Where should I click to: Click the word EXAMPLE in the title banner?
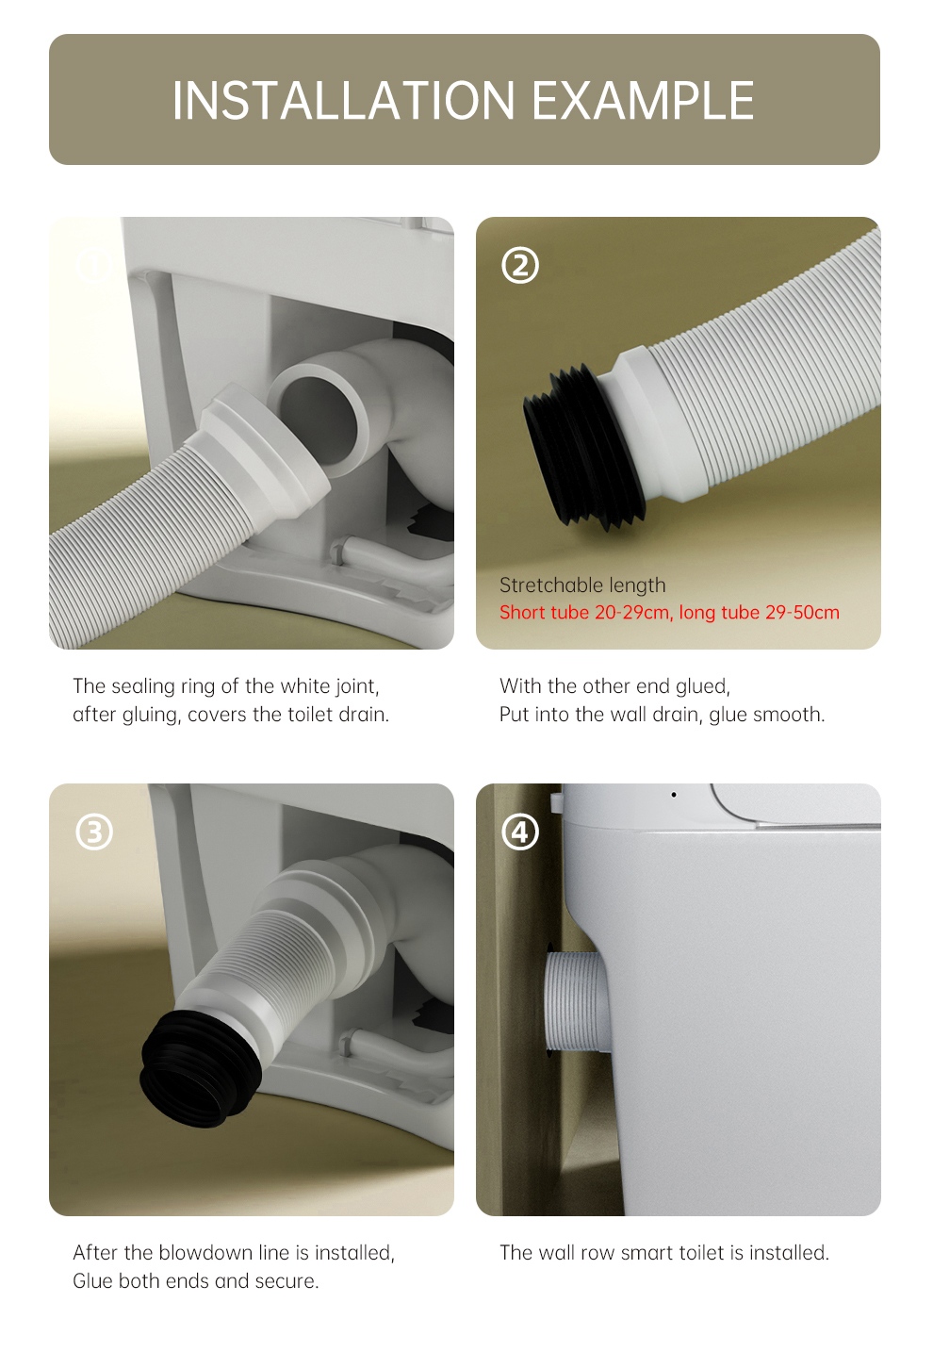pyautogui.click(x=644, y=100)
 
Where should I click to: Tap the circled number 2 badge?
pyautogui.click(x=520, y=265)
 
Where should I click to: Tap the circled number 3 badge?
pyautogui.click(x=94, y=832)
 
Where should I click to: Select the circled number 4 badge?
pyautogui.click(x=520, y=832)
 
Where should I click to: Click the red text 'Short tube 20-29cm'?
pyautogui.click(x=586, y=612)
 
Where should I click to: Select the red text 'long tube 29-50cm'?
pyautogui.click(x=759, y=612)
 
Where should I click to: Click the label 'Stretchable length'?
pyautogui.click(x=582, y=585)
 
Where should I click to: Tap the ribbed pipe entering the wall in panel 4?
pyautogui.click(x=575, y=999)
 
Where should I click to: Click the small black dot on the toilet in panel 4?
pyautogui.click(x=674, y=795)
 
